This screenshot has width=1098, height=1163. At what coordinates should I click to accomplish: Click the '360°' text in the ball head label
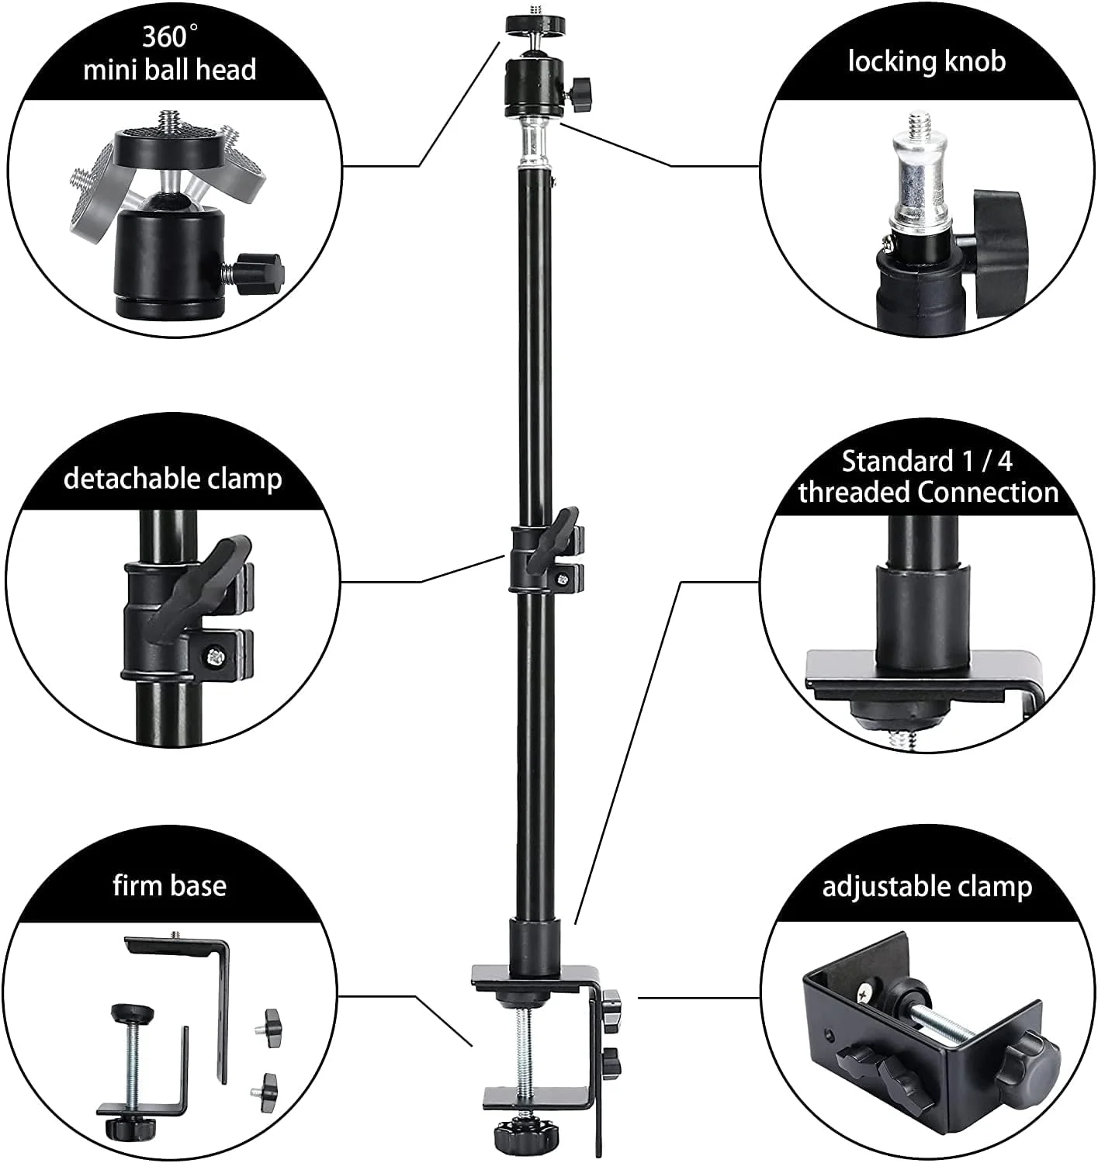click(169, 37)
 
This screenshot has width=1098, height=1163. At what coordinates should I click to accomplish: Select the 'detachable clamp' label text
click(173, 479)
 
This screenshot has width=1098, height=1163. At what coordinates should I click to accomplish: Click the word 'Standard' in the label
click(896, 462)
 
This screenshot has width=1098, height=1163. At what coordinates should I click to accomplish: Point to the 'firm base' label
click(169, 885)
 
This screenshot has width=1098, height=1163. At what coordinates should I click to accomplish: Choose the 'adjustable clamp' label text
click(927, 887)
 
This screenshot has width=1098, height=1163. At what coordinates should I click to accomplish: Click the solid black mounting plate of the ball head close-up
click(167, 147)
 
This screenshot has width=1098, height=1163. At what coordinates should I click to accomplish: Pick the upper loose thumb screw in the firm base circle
click(267, 1028)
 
